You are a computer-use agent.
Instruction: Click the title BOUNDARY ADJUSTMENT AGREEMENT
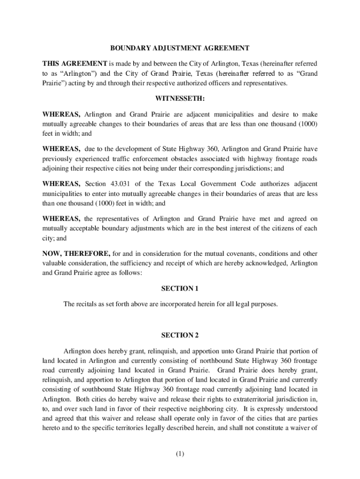coord(180,48)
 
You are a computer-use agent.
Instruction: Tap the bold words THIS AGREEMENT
coord(75,63)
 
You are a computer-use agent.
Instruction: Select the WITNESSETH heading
coord(180,99)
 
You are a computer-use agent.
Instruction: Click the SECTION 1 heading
coord(180,289)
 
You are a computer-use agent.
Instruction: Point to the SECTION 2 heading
coord(180,335)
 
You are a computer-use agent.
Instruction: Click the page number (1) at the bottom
coord(180,454)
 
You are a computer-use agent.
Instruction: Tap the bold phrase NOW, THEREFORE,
coord(76,254)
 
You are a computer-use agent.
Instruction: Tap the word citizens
coord(277,228)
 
